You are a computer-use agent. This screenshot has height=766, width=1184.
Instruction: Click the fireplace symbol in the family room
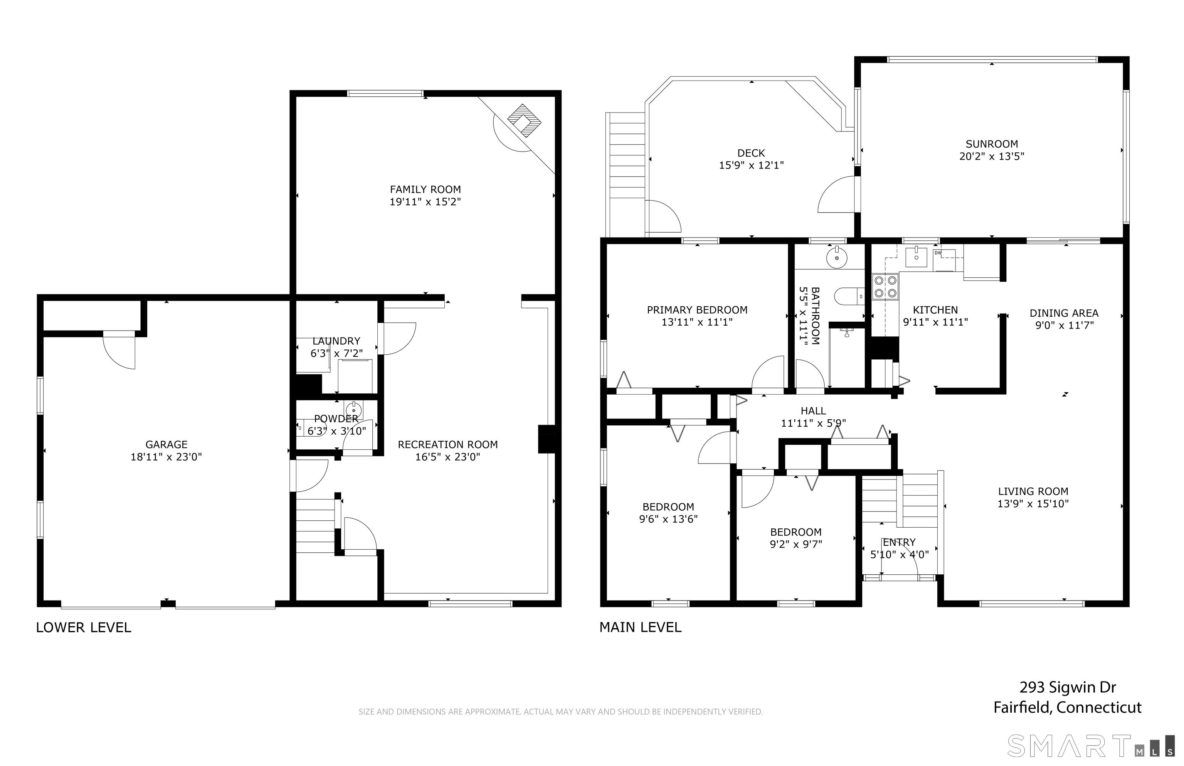pos(523,121)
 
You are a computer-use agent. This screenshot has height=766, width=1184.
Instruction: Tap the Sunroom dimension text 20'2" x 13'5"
pos(991,156)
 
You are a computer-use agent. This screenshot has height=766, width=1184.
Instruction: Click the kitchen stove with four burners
pos(885,287)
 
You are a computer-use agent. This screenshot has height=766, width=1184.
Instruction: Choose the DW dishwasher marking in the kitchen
pos(938,253)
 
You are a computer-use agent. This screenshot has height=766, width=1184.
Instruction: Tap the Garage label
pos(166,445)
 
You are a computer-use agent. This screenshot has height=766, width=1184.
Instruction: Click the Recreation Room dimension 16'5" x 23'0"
pos(447,457)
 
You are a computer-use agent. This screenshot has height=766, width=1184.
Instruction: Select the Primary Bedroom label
pos(697,310)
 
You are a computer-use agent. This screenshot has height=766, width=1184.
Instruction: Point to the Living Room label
pos(1033,491)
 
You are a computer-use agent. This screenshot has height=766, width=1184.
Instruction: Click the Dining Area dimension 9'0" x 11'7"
pos(1064,325)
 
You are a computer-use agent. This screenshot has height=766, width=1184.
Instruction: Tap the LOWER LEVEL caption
pos(84,628)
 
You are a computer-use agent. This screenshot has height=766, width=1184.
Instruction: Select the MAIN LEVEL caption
pos(640,628)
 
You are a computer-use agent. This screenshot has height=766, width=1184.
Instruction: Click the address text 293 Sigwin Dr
pos(1068,687)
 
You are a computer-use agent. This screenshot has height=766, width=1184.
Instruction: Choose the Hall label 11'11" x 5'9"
pos(813,417)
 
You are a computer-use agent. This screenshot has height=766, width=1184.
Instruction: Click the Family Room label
pos(425,189)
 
